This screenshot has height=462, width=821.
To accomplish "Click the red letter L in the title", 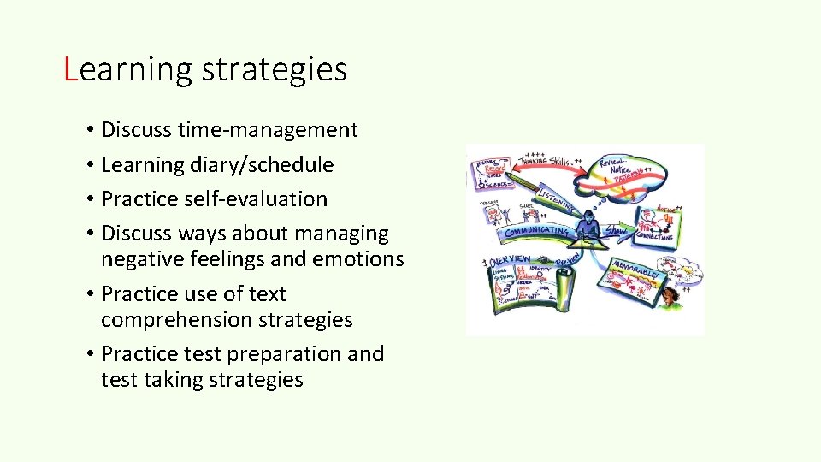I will pyautogui.click(x=71, y=69).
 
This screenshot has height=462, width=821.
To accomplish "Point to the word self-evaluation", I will pyautogui.click(x=257, y=198).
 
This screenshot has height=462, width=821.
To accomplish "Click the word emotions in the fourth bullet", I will pyautogui.click(x=361, y=258).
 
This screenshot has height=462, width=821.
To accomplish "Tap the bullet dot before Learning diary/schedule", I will pyautogui.click(x=89, y=165).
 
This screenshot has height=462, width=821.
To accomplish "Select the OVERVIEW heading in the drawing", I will pyautogui.click(x=510, y=260).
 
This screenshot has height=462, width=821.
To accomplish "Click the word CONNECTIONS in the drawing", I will pyautogui.click(x=654, y=236).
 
